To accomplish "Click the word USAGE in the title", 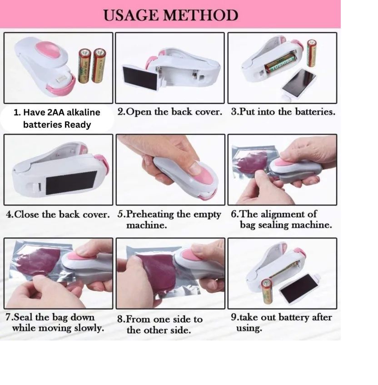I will pos(131,15).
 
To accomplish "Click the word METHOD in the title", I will pos(200,15).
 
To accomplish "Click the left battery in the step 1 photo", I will pos(85,66).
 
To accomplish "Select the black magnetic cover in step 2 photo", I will pos(140,77).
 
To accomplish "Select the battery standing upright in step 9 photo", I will pos(268,291).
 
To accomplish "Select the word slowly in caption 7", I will pos(88,328).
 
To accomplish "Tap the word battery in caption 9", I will pos(289,317).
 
